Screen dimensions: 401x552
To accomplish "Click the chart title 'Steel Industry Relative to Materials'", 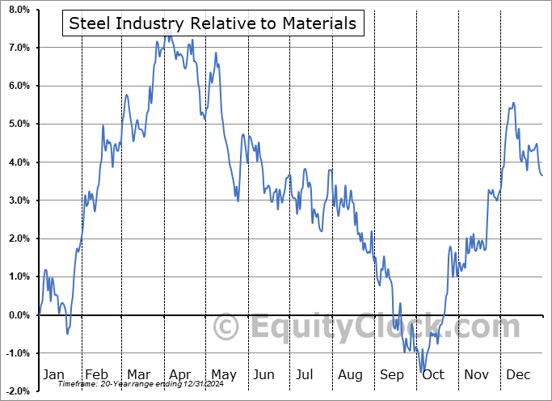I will pyautogui.click(x=213, y=23).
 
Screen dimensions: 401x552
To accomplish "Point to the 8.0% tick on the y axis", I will pyautogui.click(x=18, y=10).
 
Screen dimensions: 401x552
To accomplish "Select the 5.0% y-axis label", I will pyautogui.click(x=18, y=125).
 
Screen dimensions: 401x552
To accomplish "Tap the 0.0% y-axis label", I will pyautogui.click(x=18, y=315).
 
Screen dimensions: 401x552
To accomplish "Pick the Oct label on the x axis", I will pyautogui.click(x=433, y=375).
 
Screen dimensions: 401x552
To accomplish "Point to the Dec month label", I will pyautogui.click(x=519, y=375).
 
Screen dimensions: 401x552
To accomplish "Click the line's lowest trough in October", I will pyautogui.click(x=423, y=371).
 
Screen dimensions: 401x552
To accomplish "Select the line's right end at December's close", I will pyautogui.click(x=542, y=175).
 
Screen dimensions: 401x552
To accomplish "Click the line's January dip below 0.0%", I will pyautogui.click(x=68, y=333).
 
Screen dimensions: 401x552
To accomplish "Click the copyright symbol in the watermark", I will pyautogui.click(x=225, y=327).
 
